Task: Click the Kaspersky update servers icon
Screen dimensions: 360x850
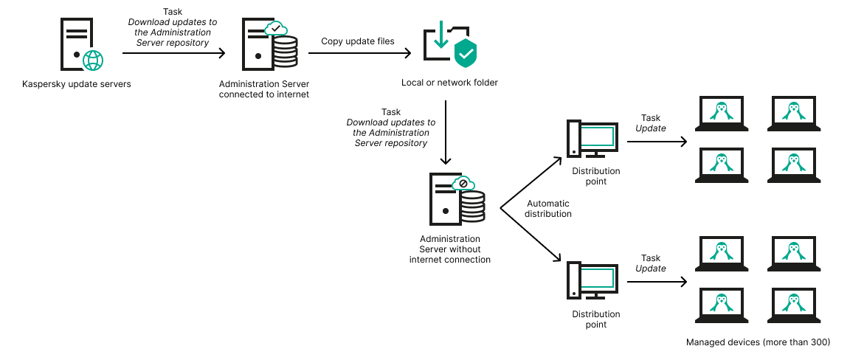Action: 77,46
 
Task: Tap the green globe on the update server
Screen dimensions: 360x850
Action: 93,60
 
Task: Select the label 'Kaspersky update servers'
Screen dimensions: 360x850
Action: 77,84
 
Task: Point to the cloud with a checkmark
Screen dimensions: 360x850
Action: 275,29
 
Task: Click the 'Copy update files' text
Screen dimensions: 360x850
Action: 357,41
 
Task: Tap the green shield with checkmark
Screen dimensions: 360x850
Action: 465,53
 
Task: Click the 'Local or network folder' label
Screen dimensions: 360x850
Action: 449,83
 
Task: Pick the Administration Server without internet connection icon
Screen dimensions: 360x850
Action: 454,201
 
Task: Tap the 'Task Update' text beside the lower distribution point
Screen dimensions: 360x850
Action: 650,263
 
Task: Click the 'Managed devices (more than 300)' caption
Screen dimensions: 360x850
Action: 758,342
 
